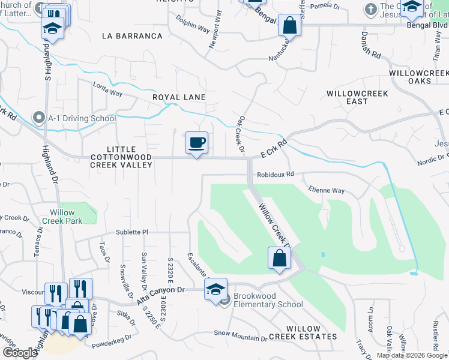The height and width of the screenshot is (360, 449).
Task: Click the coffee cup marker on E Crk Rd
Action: click(196, 143)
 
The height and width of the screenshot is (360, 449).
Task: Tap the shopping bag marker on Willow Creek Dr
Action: click(279, 258)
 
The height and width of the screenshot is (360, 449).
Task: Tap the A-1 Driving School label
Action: click(82, 118)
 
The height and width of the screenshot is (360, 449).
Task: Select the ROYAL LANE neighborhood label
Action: click(179, 97)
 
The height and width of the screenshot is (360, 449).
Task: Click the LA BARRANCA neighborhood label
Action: click(133, 36)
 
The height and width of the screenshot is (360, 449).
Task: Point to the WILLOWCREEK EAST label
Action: click(357, 98)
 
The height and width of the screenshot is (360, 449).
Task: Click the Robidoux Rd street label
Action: click(276, 175)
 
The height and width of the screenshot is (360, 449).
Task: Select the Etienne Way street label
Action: click(327, 191)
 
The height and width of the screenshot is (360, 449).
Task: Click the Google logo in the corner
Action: click(20, 353)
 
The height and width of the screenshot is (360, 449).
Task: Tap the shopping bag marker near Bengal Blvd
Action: click(289, 26)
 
